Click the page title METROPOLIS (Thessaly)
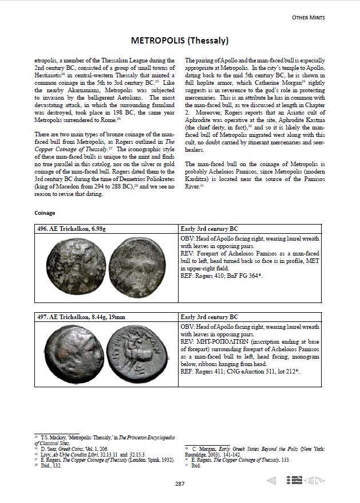pyautogui.click(x=180, y=41)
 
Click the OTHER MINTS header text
pyautogui.click(x=333, y=18)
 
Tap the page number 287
pyautogui.click(x=180, y=484)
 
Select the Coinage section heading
pyautogui.click(x=45, y=213)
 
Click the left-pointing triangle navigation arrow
pyautogui.click(x=272, y=480)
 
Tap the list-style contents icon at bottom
pyautogui.click(x=294, y=480)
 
